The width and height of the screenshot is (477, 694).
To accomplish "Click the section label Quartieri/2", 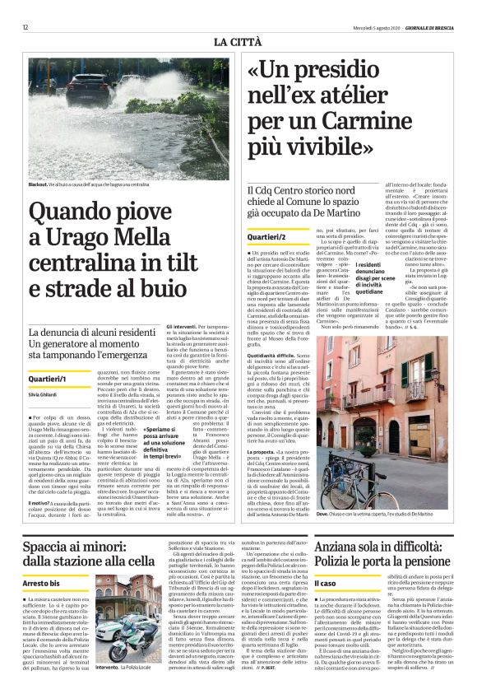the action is [267, 237].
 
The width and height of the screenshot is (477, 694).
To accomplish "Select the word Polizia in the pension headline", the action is [337, 562].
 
